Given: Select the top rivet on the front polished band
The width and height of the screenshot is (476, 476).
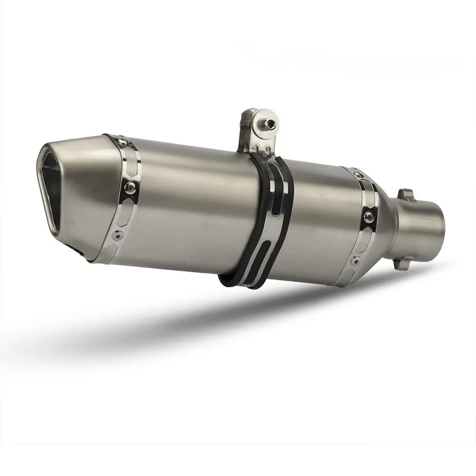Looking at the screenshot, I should [124, 141].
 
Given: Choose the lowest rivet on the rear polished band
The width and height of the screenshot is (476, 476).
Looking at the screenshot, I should [357, 259].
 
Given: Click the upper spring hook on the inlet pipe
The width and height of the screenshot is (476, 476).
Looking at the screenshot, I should [404, 194].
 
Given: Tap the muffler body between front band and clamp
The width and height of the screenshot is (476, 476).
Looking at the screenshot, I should [190, 205].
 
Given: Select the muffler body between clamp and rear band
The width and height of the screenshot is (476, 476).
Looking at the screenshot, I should [324, 224].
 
